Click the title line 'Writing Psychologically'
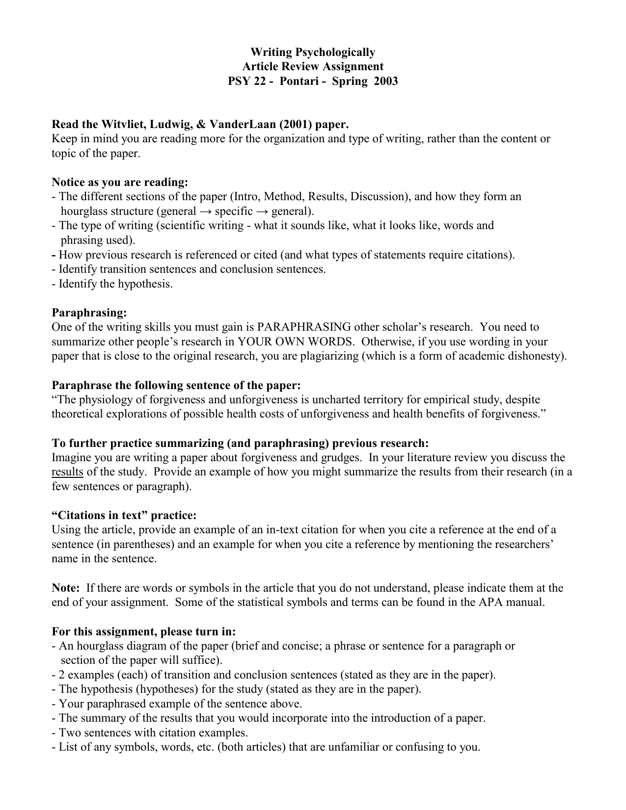(x=313, y=52)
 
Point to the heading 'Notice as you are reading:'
(x=120, y=183)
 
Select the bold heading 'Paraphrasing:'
(x=89, y=313)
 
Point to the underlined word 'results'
(x=67, y=472)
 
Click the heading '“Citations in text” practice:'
(x=124, y=516)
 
